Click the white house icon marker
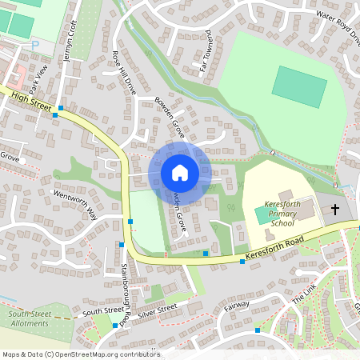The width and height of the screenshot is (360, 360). (180, 172)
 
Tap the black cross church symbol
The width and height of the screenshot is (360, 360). (334, 210)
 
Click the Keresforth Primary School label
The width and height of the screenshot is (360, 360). (282, 214)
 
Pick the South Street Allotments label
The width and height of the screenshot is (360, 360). (30, 318)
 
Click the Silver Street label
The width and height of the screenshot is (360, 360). (156, 309)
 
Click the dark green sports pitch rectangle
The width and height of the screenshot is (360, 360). (299, 86)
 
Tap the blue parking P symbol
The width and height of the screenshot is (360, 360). (34, 45)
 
